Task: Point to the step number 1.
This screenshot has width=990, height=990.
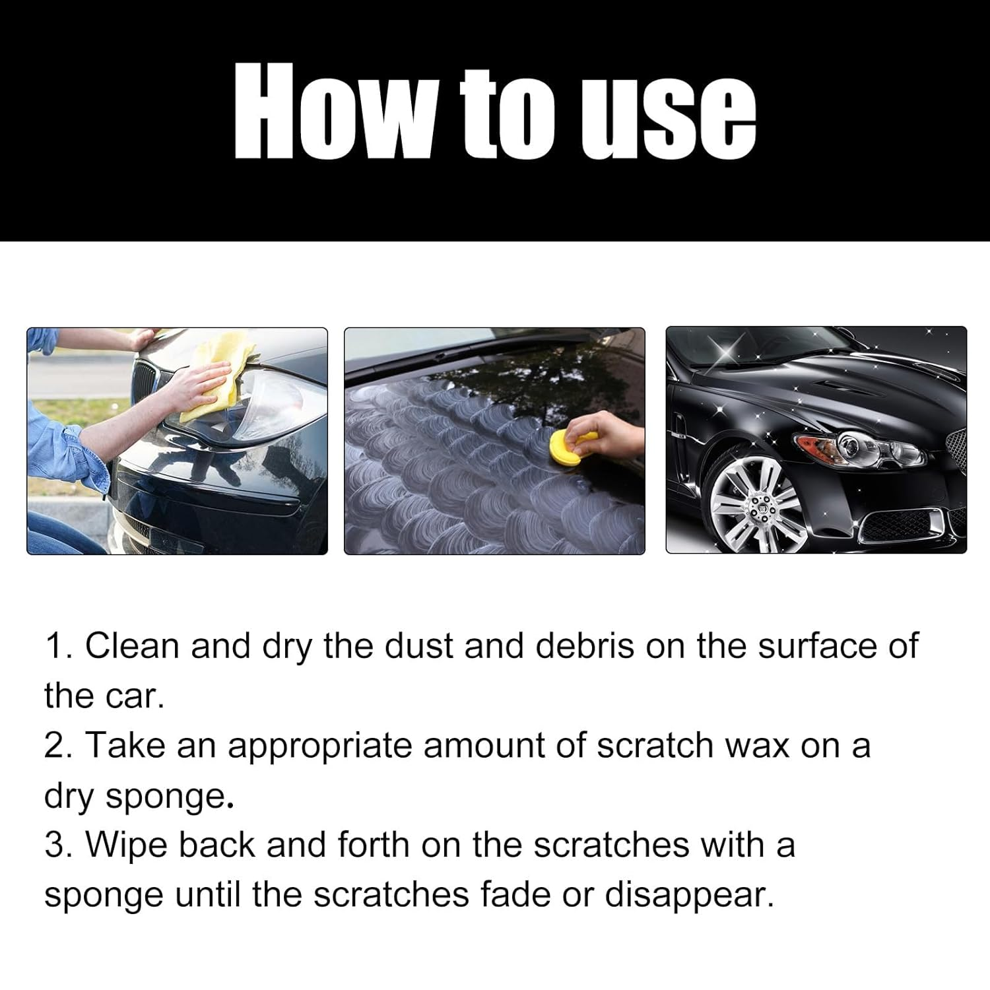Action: pos(57,645)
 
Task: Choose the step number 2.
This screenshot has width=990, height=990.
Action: pos(57,746)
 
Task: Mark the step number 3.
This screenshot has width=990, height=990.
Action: pos(57,845)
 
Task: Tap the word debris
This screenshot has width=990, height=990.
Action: pos(583,645)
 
